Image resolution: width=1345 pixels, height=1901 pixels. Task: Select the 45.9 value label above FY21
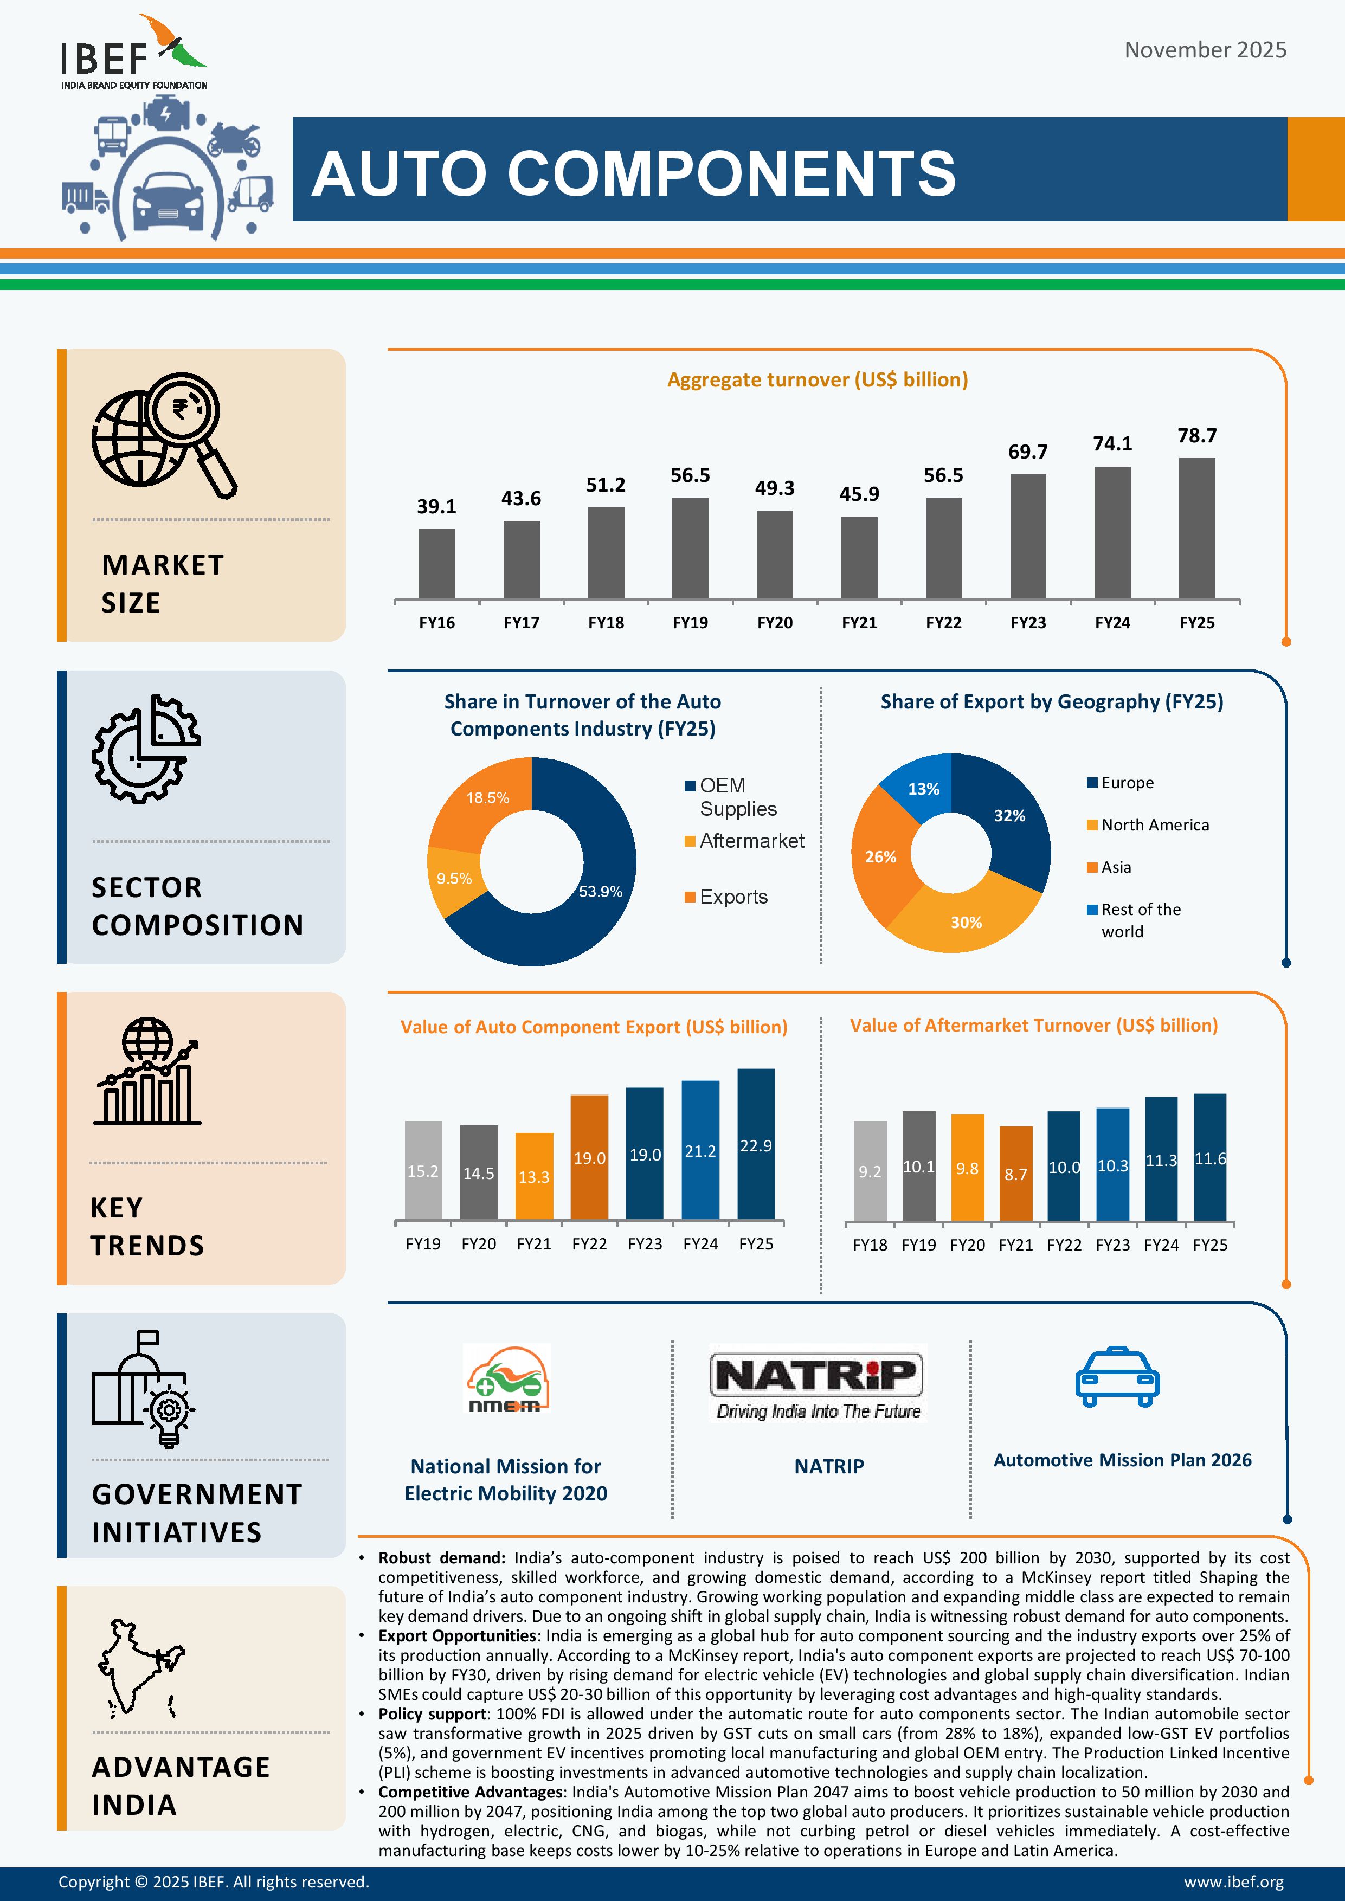pos(859,494)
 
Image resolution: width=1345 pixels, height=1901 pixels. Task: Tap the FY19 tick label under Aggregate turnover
pos(690,623)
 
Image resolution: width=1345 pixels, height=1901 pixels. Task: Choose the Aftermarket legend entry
pos(751,841)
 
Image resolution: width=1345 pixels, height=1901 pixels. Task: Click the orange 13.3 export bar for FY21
pos(534,1176)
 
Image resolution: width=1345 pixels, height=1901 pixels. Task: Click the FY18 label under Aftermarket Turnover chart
pos(870,1245)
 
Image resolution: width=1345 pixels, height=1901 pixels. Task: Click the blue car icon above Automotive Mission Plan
pos(1117,1377)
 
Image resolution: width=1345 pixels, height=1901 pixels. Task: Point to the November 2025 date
pos(1205,50)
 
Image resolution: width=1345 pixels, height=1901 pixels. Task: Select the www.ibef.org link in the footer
pos(1233,1882)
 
